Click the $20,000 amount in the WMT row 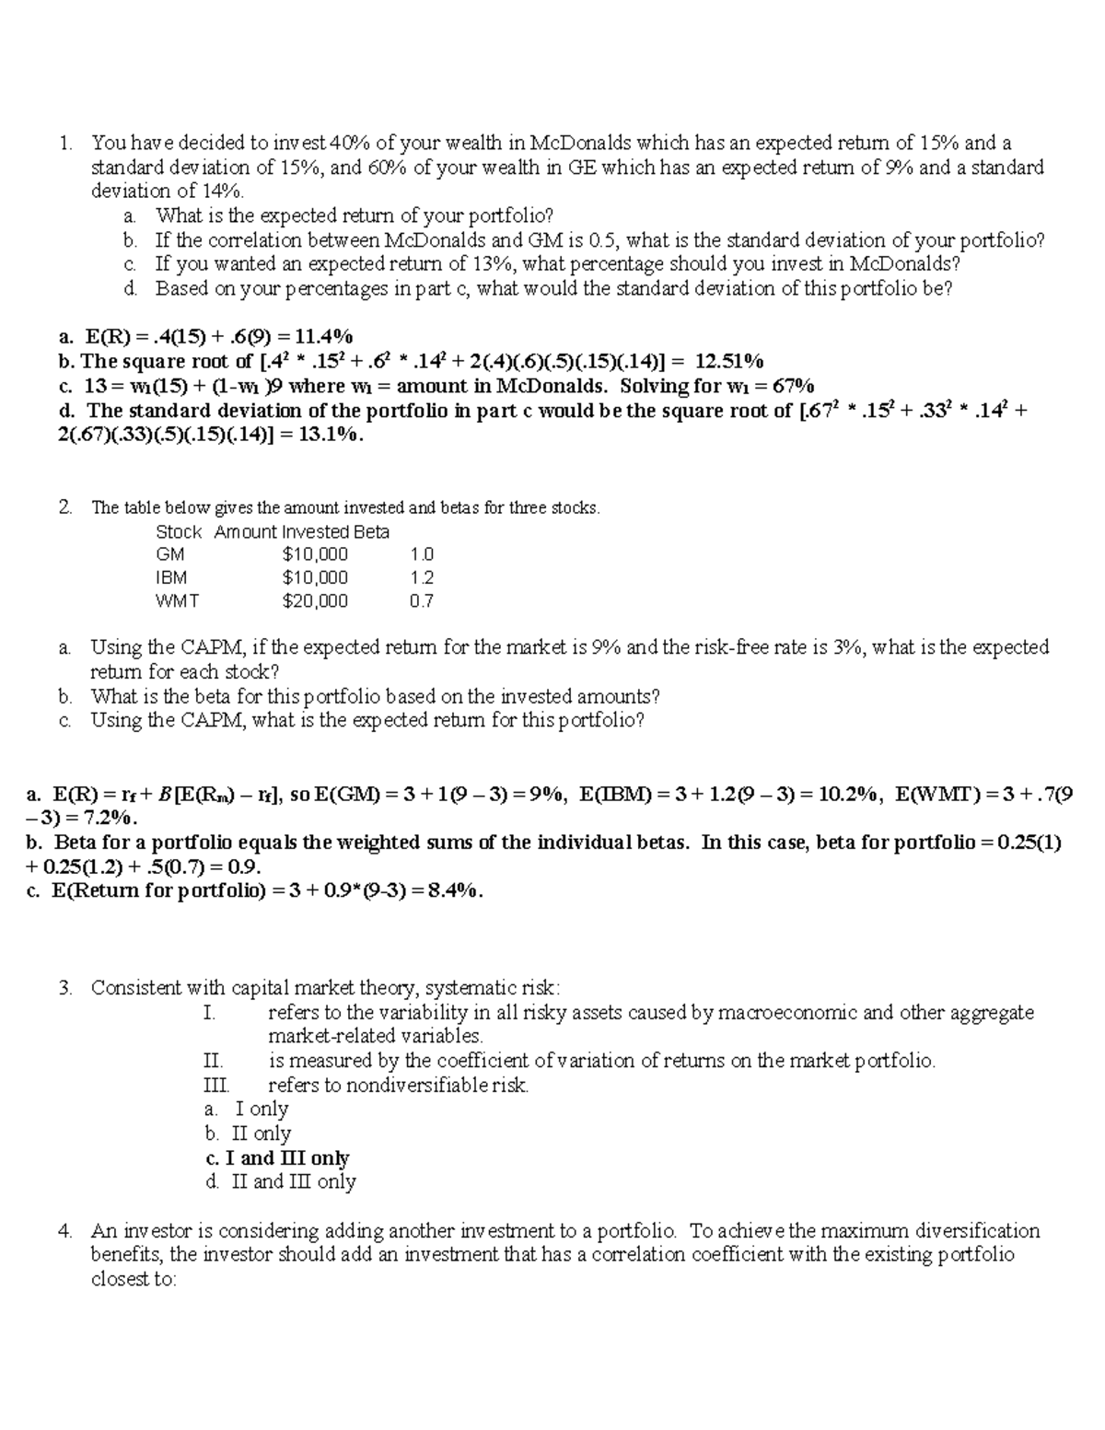(315, 601)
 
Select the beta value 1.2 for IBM (422, 577)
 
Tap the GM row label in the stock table (170, 554)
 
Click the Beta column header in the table (373, 532)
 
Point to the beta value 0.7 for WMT (422, 601)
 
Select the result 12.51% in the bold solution (728, 361)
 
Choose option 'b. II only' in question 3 (249, 1134)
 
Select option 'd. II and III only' (281, 1181)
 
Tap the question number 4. (64, 1230)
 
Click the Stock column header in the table (179, 532)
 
